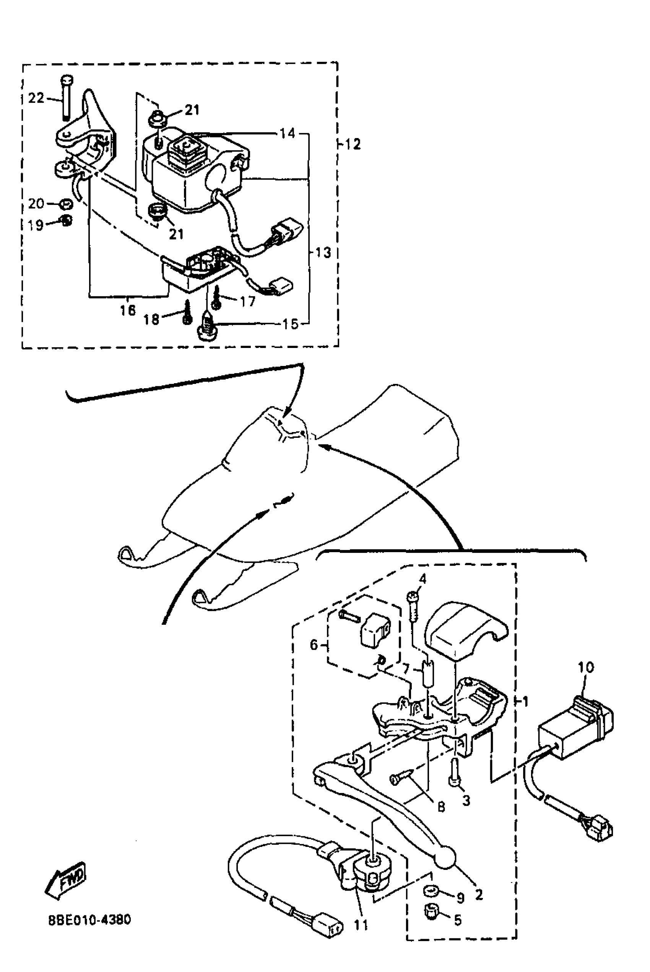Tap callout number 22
pos(36,98)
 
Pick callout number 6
pos(314,645)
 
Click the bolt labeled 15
pos(206,327)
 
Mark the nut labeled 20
pos(65,204)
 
